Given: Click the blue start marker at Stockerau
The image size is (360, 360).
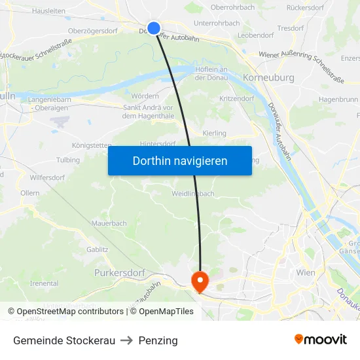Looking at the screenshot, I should pyautogui.click(x=154, y=27).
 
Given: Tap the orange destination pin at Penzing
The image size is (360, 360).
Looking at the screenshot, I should pyautogui.click(x=199, y=281).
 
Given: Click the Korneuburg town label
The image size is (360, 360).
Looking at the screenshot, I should pyautogui.click(x=268, y=78).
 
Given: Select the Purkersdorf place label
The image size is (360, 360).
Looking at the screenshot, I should pyautogui.click(x=119, y=272).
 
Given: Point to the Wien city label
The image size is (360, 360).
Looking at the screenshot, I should pyautogui.click(x=306, y=272).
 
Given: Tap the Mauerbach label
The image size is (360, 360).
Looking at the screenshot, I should pyautogui.click(x=109, y=223).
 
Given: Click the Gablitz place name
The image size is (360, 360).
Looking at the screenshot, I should pyautogui.click(x=98, y=249).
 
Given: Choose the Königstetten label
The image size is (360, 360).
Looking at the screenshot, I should pyautogui.click(x=91, y=145).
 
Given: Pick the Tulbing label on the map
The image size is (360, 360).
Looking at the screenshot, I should pyautogui.click(x=68, y=160).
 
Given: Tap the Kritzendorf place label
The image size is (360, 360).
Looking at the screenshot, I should pyautogui.click(x=236, y=98).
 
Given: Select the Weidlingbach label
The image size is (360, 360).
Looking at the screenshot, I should pyautogui.click(x=193, y=194).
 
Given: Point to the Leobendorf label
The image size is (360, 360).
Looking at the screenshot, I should pyautogui.click(x=256, y=35).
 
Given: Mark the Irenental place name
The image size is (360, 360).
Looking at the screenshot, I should pyautogui.click(x=45, y=283).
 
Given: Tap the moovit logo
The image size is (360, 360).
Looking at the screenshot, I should pyautogui.click(x=321, y=340).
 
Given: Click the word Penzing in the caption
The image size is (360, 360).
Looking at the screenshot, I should pyautogui.click(x=158, y=340).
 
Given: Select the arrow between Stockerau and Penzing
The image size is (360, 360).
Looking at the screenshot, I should pyautogui.click(x=127, y=340).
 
